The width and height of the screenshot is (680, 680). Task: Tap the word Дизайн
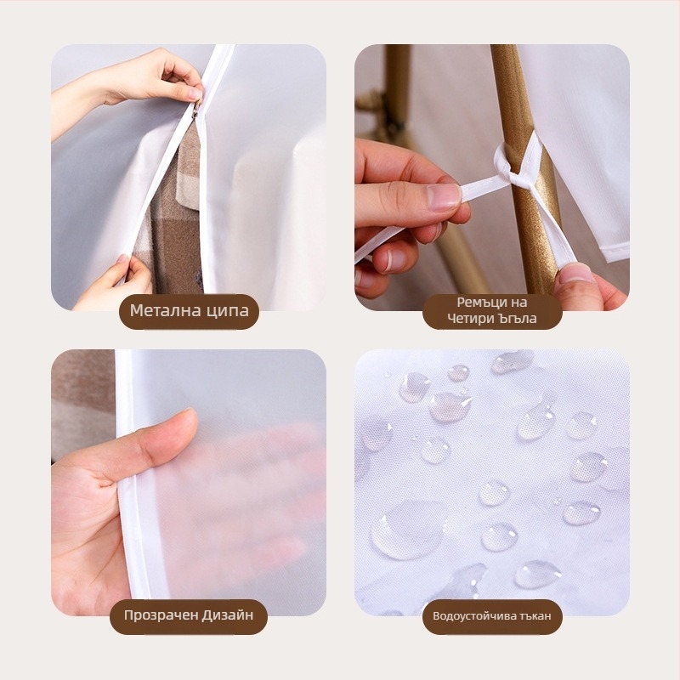226,615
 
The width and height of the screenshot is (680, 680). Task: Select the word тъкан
535,616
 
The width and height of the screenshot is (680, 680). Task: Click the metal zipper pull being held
195,110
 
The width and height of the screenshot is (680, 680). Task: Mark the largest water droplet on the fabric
407,530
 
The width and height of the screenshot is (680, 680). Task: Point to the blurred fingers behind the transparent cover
243,499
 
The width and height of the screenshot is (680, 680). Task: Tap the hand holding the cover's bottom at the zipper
114,284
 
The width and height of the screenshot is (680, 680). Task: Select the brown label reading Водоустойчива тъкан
492,617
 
